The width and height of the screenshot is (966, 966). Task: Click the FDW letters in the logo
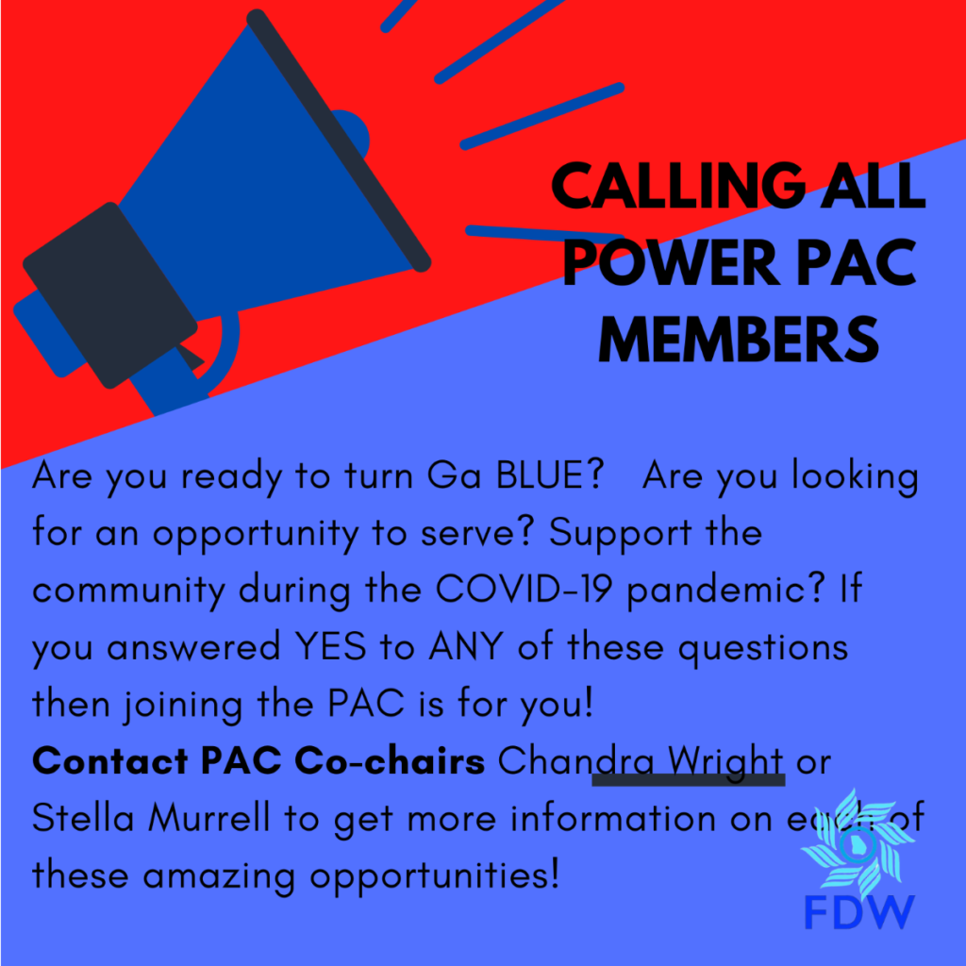(858, 912)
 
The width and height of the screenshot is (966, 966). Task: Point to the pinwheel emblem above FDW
(857, 843)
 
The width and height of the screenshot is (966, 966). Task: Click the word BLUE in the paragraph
(550, 475)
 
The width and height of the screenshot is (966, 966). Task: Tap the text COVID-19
(524, 589)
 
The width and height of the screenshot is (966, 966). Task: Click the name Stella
(83, 818)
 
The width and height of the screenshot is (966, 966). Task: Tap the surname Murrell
(209, 818)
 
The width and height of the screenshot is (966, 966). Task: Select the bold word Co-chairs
(390, 760)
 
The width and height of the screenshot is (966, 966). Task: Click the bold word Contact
(109, 760)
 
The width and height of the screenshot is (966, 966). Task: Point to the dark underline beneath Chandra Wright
(688, 780)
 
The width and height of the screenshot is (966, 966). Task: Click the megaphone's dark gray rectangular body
(109, 295)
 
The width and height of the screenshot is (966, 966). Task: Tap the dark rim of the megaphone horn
(339, 141)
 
